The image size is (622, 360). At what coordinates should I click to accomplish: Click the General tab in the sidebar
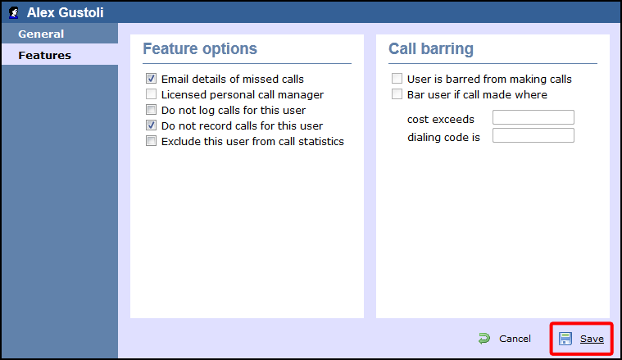pos(41,34)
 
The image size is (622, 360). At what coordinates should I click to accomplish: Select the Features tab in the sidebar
pos(44,56)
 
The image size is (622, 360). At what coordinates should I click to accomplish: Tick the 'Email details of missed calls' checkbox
pos(151,80)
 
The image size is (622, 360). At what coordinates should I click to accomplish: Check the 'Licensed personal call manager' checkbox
pos(151,95)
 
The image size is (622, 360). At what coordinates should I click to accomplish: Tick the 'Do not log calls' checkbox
pos(151,111)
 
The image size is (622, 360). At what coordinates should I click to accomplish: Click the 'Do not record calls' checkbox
pos(151,126)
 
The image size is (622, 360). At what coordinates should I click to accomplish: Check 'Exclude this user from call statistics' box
pos(151,141)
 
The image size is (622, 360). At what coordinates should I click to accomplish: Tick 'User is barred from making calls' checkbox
pos(397,80)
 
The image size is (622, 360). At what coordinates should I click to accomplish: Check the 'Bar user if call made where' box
pos(397,95)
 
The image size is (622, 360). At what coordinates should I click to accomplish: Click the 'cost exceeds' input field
pos(533,118)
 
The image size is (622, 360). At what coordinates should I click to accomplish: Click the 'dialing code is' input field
pos(533,135)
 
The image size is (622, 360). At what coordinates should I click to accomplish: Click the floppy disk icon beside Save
pos(565,339)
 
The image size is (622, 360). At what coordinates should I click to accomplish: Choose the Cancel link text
pos(515,339)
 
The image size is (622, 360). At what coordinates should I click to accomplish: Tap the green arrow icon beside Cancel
pos(484,338)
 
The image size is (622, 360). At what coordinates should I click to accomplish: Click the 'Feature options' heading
pos(200,49)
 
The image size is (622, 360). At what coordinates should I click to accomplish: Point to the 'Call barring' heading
pos(430,49)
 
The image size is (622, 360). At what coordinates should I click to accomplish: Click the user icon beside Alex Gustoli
pos(14,13)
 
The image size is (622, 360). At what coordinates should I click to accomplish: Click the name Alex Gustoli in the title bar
pos(66,13)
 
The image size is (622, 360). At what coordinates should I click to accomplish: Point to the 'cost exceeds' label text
pos(441,120)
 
